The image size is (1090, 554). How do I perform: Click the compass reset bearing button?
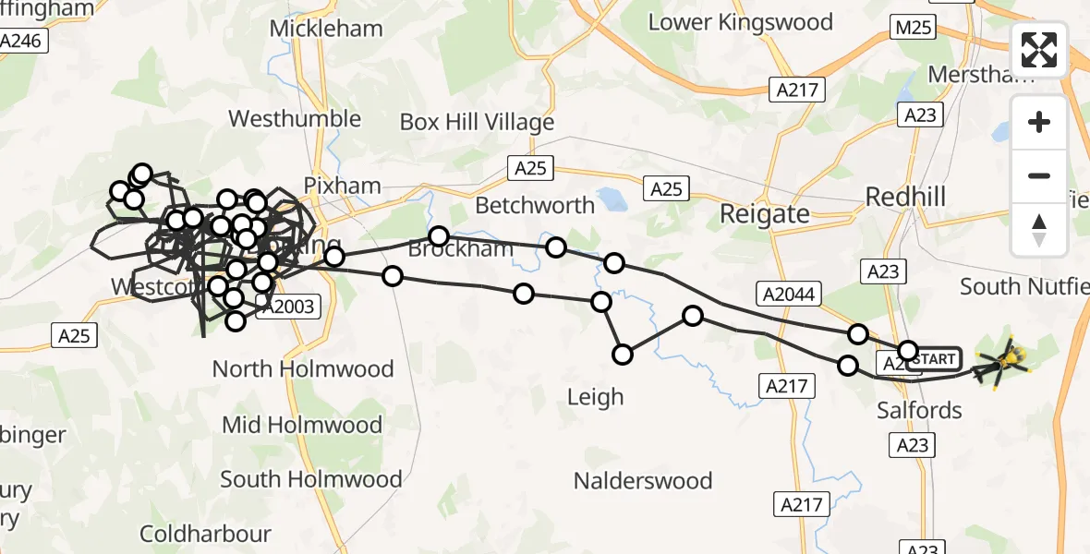coord(1039,230)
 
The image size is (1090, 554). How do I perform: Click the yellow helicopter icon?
coord(1004,362)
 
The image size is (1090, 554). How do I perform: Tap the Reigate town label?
coord(764,214)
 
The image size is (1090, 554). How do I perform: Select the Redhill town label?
coord(905,197)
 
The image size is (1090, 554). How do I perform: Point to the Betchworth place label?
coord(535,205)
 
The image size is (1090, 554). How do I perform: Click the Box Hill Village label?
coord(477,122)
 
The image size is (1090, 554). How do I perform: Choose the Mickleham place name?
coord(326,29)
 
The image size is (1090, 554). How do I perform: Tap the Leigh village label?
coord(596,397)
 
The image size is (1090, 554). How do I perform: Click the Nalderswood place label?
coord(643,481)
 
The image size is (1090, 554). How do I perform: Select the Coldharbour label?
coord(205,534)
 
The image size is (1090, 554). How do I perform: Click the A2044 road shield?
coord(789,293)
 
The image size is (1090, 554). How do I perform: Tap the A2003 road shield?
coord(287,307)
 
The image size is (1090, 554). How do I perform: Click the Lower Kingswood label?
coord(740,22)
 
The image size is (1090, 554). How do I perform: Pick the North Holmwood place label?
coord(303,369)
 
